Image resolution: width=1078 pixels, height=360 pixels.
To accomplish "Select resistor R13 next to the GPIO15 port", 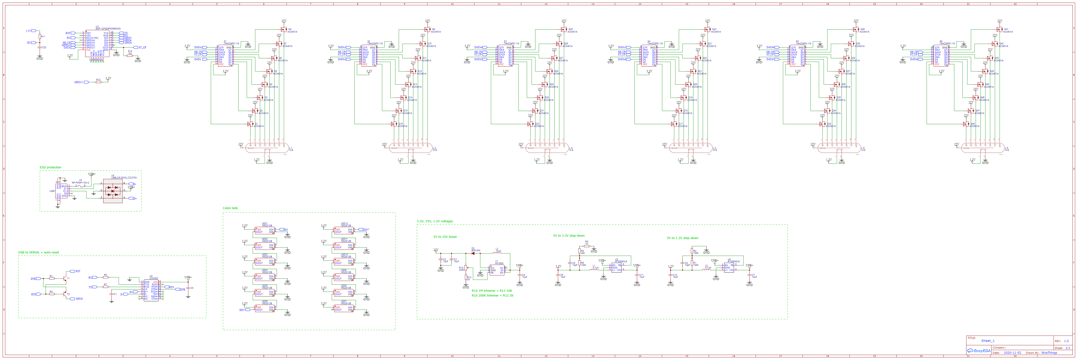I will (x=98, y=82).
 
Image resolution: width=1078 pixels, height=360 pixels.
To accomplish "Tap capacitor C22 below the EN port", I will (x=40, y=47).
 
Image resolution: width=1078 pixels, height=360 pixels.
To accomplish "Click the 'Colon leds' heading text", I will (x=230, y=208).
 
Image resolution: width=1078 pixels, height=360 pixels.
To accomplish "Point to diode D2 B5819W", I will (x=473, y=253).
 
